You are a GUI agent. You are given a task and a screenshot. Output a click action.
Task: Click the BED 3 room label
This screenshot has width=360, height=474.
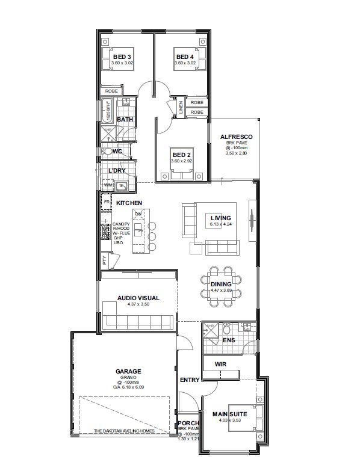coord(122,57)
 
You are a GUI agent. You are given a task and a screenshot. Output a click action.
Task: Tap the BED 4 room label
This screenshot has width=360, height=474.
coord(184,57)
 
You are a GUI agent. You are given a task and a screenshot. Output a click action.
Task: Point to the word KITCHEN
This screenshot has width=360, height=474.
coord(129,203)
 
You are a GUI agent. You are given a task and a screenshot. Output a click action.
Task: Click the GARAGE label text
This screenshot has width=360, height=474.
coord(128,372)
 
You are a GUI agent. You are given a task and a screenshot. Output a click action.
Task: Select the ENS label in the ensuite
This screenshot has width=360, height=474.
coord(228,340)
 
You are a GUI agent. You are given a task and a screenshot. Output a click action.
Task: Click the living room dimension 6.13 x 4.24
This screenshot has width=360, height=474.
coord(220,224)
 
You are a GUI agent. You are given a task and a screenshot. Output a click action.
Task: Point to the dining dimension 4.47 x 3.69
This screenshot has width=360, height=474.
coord(220,291)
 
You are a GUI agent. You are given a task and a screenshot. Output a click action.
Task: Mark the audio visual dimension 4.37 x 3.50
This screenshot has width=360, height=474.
coord(138,305)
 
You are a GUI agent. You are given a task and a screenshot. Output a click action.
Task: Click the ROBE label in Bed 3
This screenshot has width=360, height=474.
coord(111,91)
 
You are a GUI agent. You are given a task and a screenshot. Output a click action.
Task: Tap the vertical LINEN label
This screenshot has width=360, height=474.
coord(181,108)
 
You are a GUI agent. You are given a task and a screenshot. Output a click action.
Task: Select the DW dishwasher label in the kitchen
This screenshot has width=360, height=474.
coord(138,214)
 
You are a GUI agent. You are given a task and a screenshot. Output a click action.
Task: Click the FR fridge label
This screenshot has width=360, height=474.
coord(107,203)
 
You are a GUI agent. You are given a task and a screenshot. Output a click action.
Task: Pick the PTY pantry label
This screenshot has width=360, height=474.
coord(105,260)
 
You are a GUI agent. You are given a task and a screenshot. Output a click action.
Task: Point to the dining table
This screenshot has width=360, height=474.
coord(220,285)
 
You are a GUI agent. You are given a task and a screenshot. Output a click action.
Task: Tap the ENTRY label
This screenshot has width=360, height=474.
coord(189,380)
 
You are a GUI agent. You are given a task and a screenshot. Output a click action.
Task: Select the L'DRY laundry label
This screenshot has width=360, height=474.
coord(116,171)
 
